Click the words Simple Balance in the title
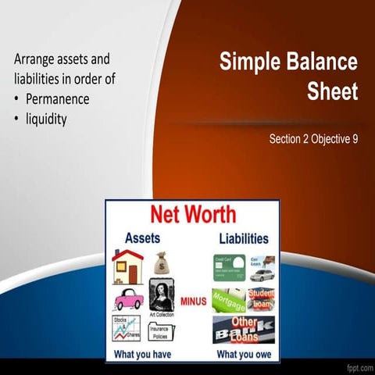point(287,62)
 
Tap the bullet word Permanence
point(57,100)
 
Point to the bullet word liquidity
point(46,120)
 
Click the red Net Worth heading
point(192,214)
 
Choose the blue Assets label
point(144,237)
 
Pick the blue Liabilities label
point(240,237)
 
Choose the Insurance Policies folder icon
point(162,329)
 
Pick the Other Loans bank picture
point(244,329)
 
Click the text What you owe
point(243,354)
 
